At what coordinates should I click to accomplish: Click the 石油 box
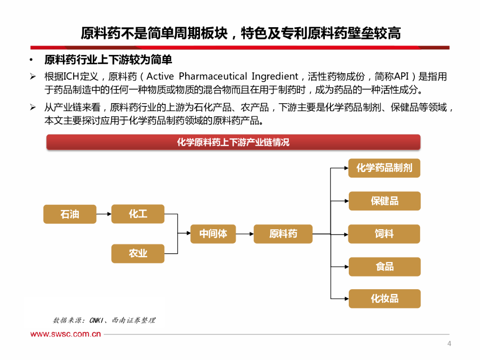click(70, 214)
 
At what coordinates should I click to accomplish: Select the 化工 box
click(138, 214)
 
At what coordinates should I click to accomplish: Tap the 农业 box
click(138, 253)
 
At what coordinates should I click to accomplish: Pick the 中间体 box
click(213, 233)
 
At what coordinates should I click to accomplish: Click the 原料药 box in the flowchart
click(283, 233)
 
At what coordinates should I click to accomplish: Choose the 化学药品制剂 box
click(384, 168)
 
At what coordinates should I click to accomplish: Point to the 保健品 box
click(384, 201)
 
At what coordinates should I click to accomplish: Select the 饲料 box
click(384, 233)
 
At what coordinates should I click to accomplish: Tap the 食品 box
click(384, 266)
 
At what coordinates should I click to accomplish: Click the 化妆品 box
click(384, 299)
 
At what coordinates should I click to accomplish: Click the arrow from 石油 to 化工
click(104, 214)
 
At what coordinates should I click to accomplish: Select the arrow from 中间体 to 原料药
click(244, 233)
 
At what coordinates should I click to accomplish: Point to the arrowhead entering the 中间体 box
click(187, 233)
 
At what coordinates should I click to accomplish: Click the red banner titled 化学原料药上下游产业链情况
click(233, 142)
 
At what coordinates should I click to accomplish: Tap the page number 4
click(449, 344)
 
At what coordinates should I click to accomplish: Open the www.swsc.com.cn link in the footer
click(66, 334)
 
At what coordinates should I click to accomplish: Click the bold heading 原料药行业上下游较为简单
click(108, 60)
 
